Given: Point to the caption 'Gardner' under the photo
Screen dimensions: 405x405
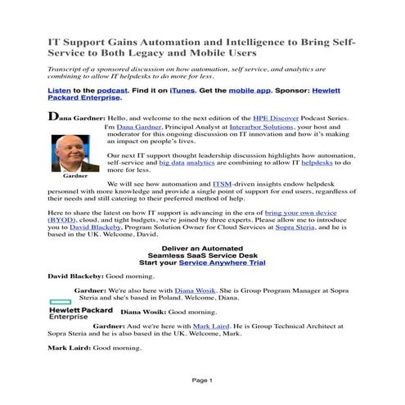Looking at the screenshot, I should coord(74,176).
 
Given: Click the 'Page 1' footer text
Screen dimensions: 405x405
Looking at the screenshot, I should coord(202,380).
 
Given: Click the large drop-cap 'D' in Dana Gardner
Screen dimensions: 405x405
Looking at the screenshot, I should coord(54,116).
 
